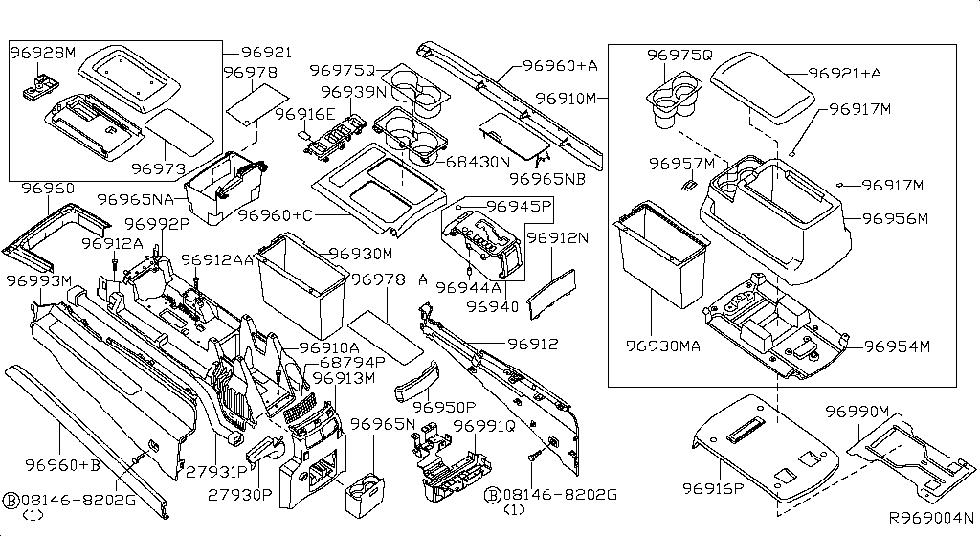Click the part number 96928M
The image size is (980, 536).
pyautogui.click(x=43, y=55)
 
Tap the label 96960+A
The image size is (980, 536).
pyautogui.click(x=560, y=66)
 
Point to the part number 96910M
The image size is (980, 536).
pyautogui.click(x=566, y=98)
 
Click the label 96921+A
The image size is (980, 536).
pyautogui.click(x=845, y=73)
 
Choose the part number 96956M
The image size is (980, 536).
pyautogui.click(x=895, y=218)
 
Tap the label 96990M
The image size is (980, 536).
pyautogui.click(x=857, y=412)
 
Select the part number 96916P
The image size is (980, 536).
pyautogui.click(x=713, y=489)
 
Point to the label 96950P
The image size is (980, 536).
pyautogui.click(x=443, y=408)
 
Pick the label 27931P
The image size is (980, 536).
pyautogui.click(x=217, y=472)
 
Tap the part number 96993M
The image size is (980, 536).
pyautogui.click(x=39, y=280)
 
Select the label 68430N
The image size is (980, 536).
pyautogui.click(x=478, y=162)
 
